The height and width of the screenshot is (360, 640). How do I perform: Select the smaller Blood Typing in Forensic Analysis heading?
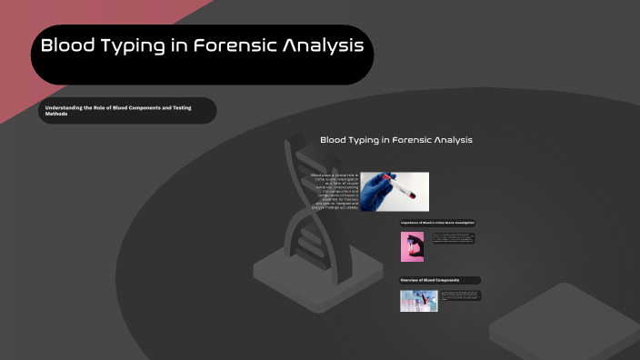[x=395, y=140]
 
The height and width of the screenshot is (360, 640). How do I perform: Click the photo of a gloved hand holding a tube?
[x=395, y=192]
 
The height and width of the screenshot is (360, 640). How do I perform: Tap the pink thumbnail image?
[x=412, y=246]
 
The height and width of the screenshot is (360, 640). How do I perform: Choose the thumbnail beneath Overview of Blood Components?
[x=418, y=301]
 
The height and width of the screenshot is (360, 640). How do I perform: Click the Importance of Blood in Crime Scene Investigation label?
[x=438, y=223]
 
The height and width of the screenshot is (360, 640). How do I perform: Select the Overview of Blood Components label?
[x=440, y=280]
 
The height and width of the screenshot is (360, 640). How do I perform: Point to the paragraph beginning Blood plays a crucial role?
[x=334, y=192]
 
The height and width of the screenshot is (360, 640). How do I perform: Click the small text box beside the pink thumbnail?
[x=453, y=238]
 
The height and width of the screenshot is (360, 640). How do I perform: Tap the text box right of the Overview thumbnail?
[x=460, y=295]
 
